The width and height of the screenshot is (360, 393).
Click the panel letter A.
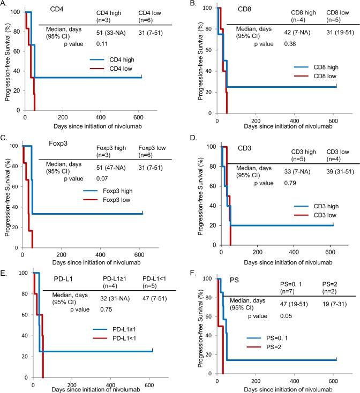click(x=4, y=4)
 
